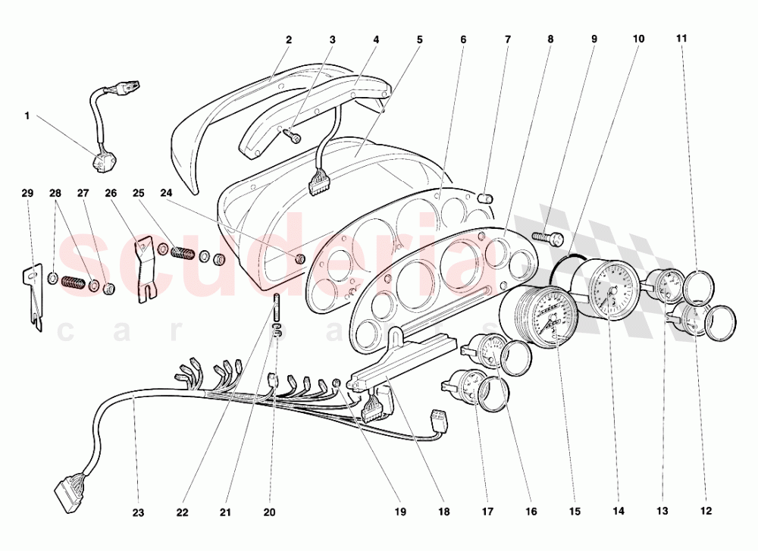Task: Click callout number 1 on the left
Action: tap(27, 116)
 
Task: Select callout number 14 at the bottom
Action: tap(618, 512)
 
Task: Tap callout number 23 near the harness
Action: tap(138, 512)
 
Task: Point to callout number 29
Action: tap(27, 194)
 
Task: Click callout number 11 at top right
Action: tap(681, 38)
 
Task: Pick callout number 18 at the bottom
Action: tap(444, 512)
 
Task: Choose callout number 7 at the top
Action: tap(509, 38)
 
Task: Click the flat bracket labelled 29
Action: tap(32, 296)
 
